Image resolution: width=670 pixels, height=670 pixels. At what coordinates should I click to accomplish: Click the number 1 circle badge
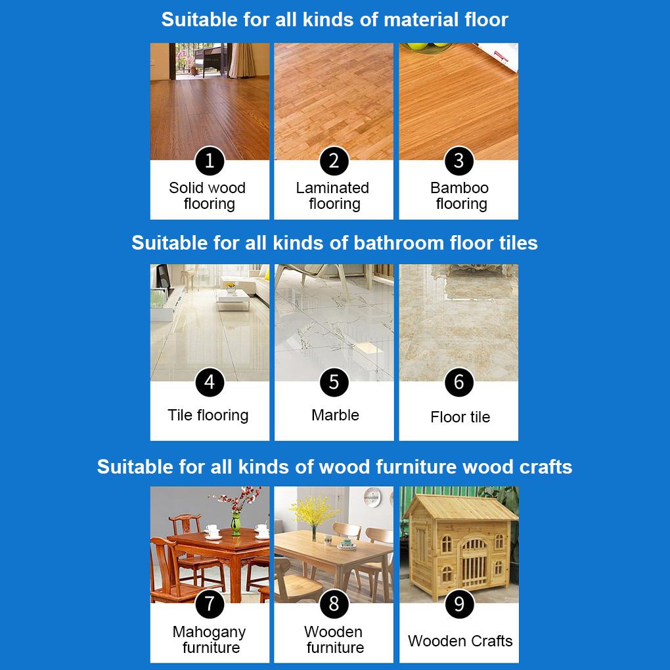tap(210, 161)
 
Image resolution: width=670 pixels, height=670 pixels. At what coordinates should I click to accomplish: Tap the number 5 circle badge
tap(334, 382)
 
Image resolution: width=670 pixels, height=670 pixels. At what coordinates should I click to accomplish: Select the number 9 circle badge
tap(459, 604)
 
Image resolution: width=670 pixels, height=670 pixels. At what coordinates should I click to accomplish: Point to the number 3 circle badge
tap(459, 161)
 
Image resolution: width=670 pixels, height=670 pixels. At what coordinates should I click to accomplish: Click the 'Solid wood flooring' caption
tap(208, 196)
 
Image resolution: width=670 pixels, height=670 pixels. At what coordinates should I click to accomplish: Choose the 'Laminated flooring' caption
tap(333, 196)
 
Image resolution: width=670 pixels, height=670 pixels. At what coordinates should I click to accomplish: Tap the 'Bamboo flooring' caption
tap(460, 196)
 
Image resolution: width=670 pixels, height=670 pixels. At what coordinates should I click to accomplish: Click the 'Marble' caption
tap(335, 415)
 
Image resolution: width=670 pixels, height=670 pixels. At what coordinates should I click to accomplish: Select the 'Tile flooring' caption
tap(208, 415)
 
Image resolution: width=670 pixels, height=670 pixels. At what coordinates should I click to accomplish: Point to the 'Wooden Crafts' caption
tap(460, 641)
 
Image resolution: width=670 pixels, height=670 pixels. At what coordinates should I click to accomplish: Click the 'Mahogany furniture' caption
tap(209, 640)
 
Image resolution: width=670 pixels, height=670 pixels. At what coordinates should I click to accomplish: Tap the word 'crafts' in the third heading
tap(545, 467)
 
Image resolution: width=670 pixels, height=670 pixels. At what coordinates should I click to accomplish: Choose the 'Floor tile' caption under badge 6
tap(460, 417)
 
